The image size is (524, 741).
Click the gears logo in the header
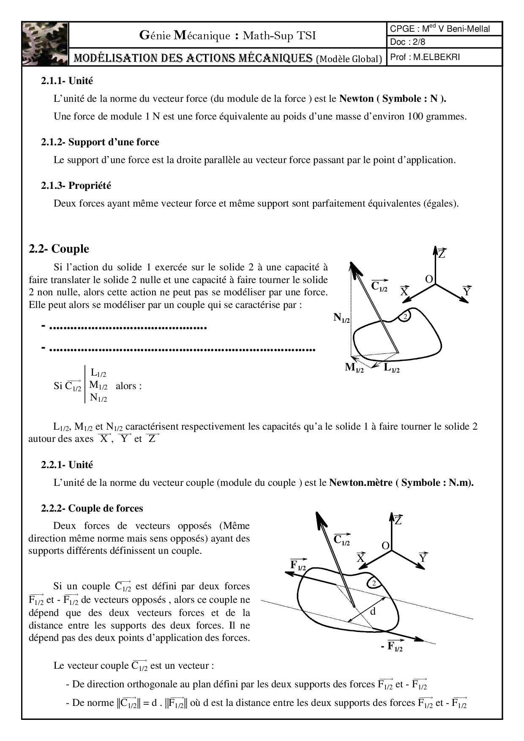(45, 44)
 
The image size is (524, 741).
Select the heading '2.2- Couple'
(59, 249)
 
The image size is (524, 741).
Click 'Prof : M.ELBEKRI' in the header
(425, 57)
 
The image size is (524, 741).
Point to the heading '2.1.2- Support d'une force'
(100, 142)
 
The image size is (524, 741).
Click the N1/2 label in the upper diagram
(341, 318)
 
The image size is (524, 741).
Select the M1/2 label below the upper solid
(354, 368)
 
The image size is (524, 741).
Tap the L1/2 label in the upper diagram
(391, 368)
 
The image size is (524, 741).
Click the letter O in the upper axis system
(428, 279)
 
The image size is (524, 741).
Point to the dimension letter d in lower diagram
(373, 611)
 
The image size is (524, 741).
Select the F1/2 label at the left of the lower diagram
(298, 565)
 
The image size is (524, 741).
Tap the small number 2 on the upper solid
(405, 317)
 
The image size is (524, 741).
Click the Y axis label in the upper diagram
(467, 291)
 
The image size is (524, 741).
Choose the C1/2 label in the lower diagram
(341, 539)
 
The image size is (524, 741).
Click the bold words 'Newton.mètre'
(361, 482)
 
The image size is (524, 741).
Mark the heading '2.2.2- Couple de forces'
(92, 508)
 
